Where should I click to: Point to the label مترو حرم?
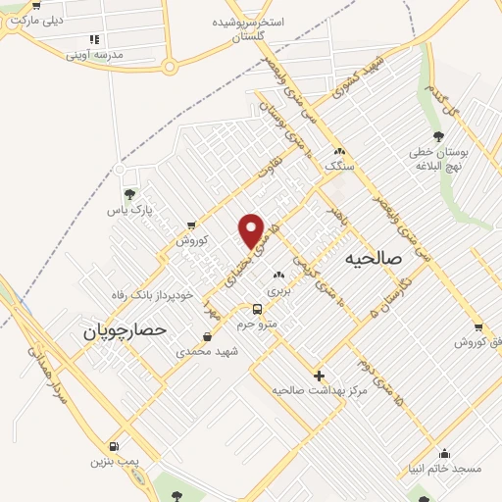(258, 323)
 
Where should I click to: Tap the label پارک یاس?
(130, 209)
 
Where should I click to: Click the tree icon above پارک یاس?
(130, 194)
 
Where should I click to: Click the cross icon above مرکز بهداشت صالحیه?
(319, 376)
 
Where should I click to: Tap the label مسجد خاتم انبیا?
(446, 469)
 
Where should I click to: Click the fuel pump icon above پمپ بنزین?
(115, 446)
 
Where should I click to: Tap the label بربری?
(280, 290)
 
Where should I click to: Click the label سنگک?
(341, 167)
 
